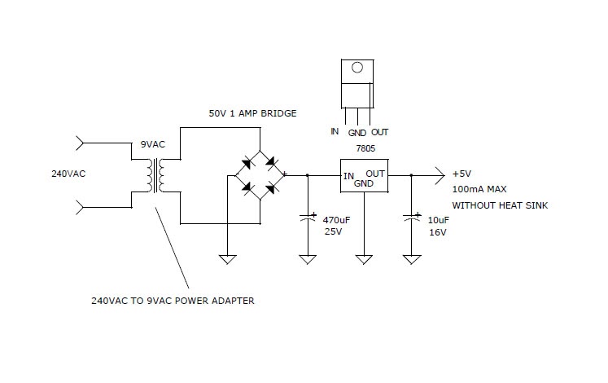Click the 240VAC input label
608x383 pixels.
68,174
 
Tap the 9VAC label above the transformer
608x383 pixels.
152,144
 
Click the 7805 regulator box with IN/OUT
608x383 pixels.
363,177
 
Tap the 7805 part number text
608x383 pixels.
363,149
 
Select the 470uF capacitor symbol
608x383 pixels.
308,218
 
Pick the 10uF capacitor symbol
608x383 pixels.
412,218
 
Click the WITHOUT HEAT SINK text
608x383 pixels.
500,205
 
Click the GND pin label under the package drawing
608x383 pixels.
356,132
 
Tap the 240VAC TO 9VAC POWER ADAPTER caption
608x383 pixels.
173,300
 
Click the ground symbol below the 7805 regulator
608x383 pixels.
363,259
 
